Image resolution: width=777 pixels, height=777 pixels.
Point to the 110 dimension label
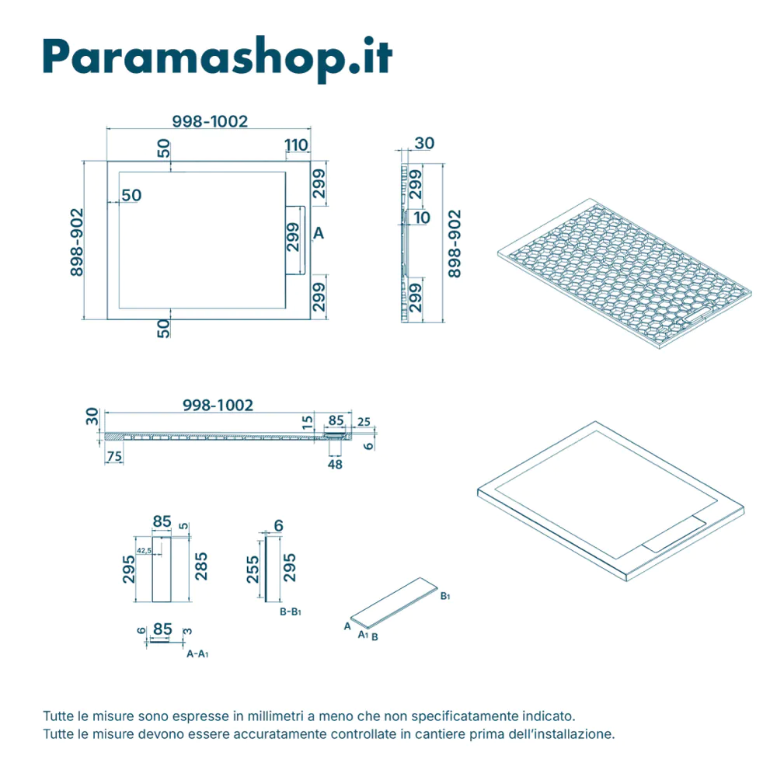coord(296,145)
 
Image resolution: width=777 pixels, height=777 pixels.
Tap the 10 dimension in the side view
coord(422,218)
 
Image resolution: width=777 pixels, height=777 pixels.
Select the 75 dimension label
coord(113,457)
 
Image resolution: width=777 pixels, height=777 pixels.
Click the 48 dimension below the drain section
coord(336,465)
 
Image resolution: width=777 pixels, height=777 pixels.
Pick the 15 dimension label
coord(308,423)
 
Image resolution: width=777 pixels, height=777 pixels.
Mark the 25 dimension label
coord(364,423)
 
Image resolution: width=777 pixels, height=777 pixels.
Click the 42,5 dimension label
coord(144,550)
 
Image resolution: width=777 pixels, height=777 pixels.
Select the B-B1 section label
coord(290,611)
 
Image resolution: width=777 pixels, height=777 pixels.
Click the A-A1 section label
coord(197,654)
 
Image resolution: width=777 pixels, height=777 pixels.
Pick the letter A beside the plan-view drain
coord(318,232)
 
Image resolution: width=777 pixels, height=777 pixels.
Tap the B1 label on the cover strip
coord(445,597)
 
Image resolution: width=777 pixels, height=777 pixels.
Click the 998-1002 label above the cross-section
coord(218,406)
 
